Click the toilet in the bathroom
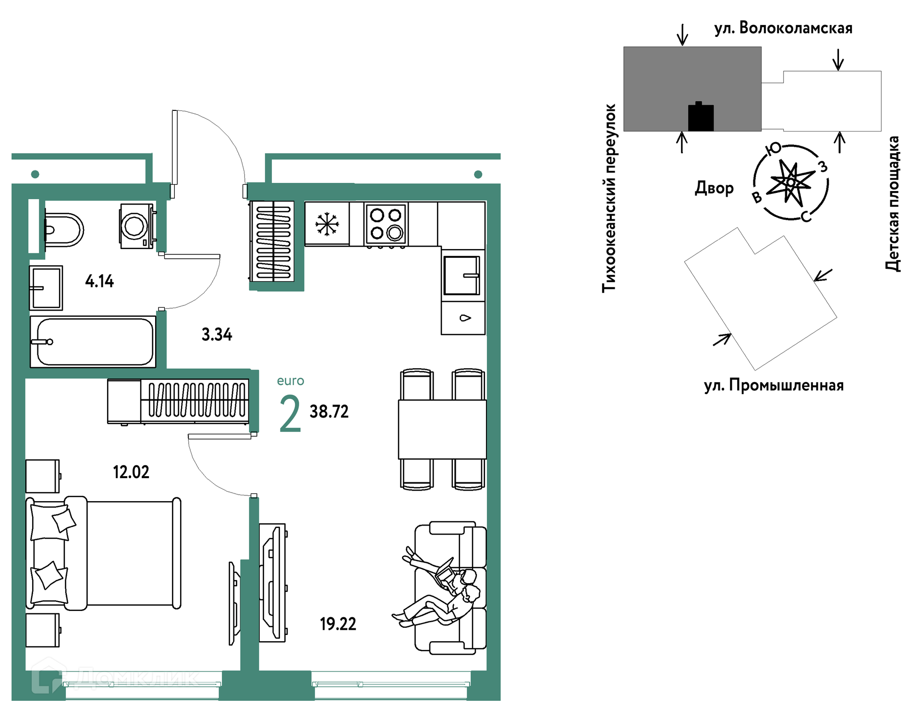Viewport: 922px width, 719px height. click(x=63, y=230)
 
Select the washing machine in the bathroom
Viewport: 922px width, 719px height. click(x=137, y=226)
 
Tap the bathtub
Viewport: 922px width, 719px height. click(x=93, y=342)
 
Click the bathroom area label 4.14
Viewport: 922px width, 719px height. click(x=99, y=281)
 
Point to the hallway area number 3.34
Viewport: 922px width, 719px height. click(x=217, y=334)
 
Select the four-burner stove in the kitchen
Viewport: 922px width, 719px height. click(x=386, y=224)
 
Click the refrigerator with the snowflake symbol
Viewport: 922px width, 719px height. click(x=327, y=224)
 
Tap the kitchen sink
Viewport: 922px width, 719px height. click(x=462, y=276)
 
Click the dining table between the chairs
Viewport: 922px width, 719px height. click(x=442, y=430)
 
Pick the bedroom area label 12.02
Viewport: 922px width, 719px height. click(x=131, y=472)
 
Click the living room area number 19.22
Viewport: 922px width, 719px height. click(x=338, y=624)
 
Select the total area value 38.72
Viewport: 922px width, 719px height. click(x=329, y=411)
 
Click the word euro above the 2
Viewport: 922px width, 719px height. click(x=291, y=381)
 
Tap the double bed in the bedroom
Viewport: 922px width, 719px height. click(x=104, y=553)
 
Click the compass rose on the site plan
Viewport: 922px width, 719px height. click(x=791, y=182)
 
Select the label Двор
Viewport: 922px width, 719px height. click(x=714, y=188)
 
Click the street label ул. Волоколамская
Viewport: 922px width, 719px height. click(x=783, y=28)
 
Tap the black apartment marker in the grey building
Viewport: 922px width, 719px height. click(x=701, y=117)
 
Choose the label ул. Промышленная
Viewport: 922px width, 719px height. click(x=774, y=385)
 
